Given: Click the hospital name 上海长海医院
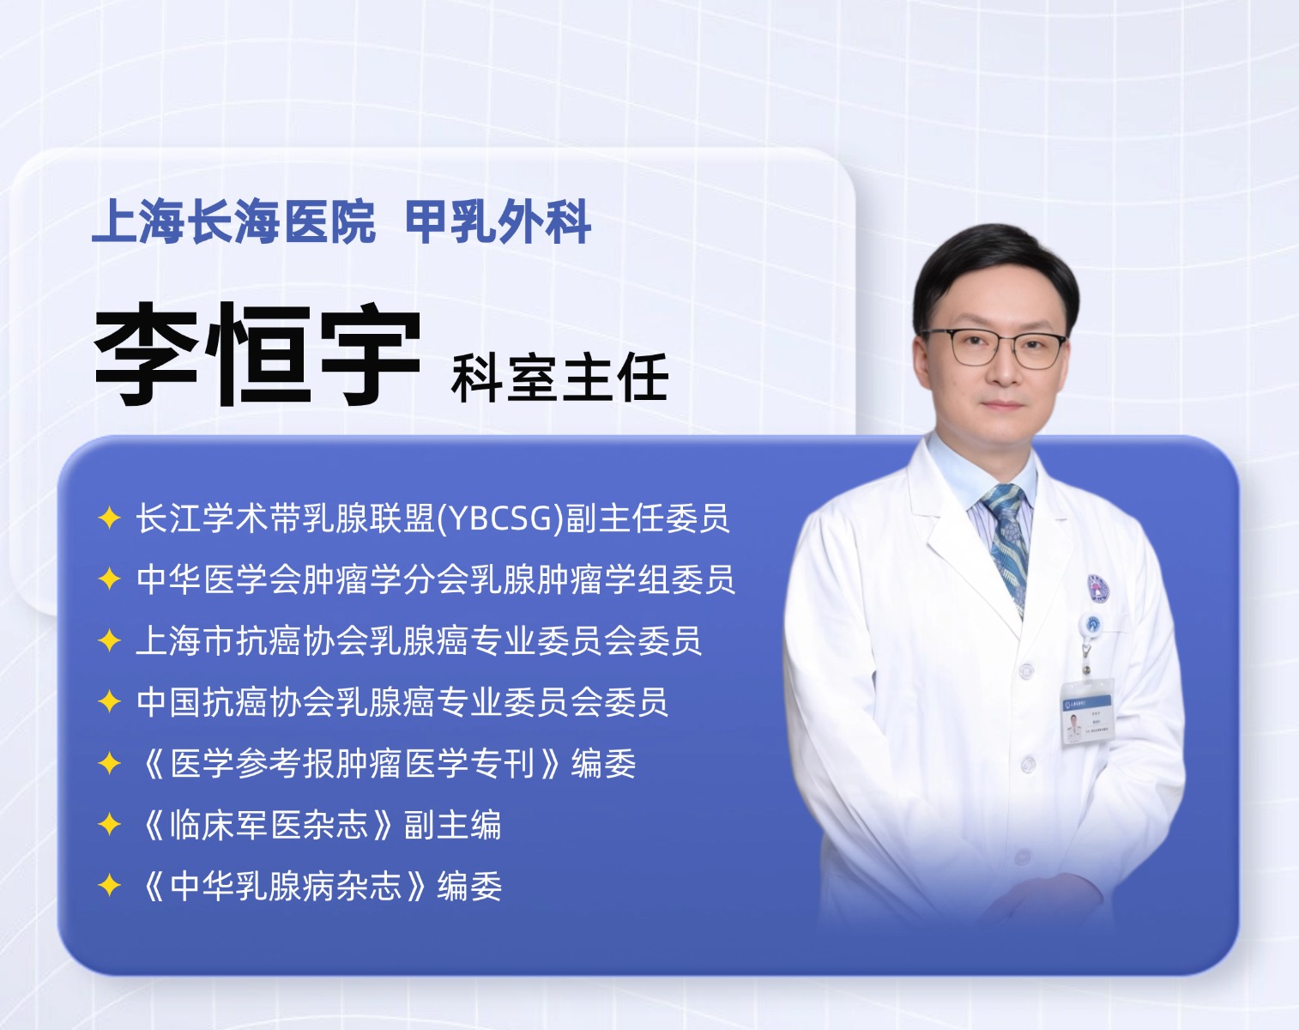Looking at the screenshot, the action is click(233, 221).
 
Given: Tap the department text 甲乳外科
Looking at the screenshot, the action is click(498, 221).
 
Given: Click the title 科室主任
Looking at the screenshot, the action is click(559, 378).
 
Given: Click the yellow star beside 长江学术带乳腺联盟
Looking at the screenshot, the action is click(109, 518).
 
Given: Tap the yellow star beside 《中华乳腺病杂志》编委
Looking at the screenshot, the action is click(109, 886).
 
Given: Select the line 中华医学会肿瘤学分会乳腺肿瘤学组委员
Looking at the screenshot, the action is click(435, 579).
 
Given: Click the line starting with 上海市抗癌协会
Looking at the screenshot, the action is click(419, 641).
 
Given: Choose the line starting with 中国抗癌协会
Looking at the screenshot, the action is click(402, 702).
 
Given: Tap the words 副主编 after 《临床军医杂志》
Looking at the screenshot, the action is click(452, 825).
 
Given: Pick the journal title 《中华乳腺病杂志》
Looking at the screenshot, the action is click(285, 886).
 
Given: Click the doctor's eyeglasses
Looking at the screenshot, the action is click(993, 348).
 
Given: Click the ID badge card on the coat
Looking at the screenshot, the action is click(1086, 712).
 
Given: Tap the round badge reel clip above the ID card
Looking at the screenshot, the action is click(1091, 625).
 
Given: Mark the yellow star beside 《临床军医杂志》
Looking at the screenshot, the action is click(109, 824).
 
